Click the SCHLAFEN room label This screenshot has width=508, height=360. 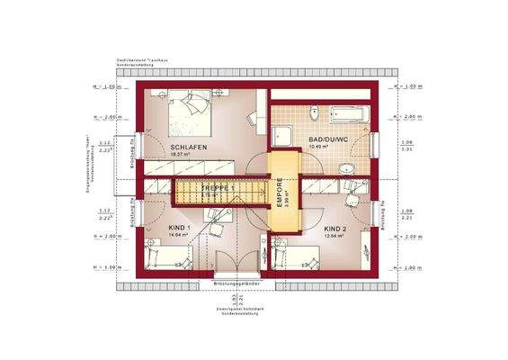(189, 147)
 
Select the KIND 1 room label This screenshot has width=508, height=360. (178, 229)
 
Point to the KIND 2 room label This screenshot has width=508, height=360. (337, 229)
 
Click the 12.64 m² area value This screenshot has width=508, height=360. (334, 237)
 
